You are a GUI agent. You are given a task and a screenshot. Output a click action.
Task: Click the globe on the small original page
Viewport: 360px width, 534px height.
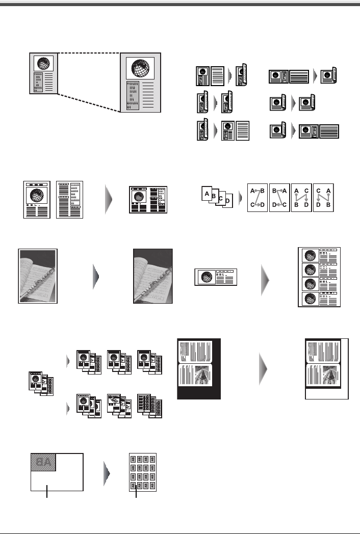pyautogui.click(x=43, y=64)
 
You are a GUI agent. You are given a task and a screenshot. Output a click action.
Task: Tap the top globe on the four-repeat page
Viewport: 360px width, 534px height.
pyautogui.click(x=308, y=255)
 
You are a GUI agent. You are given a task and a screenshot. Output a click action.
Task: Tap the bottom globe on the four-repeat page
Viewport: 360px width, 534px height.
pyautogui.click(x=308, y=298)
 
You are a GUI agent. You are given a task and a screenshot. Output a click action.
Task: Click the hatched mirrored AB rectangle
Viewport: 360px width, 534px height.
pyautogui.click(x=43, y=462)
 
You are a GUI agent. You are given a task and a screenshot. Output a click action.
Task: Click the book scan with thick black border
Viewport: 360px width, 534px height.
pyautogui.click(x=198, y=368)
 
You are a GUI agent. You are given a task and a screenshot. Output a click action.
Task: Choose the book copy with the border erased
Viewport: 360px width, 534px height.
pyautogui.click(x=326, y=369)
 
